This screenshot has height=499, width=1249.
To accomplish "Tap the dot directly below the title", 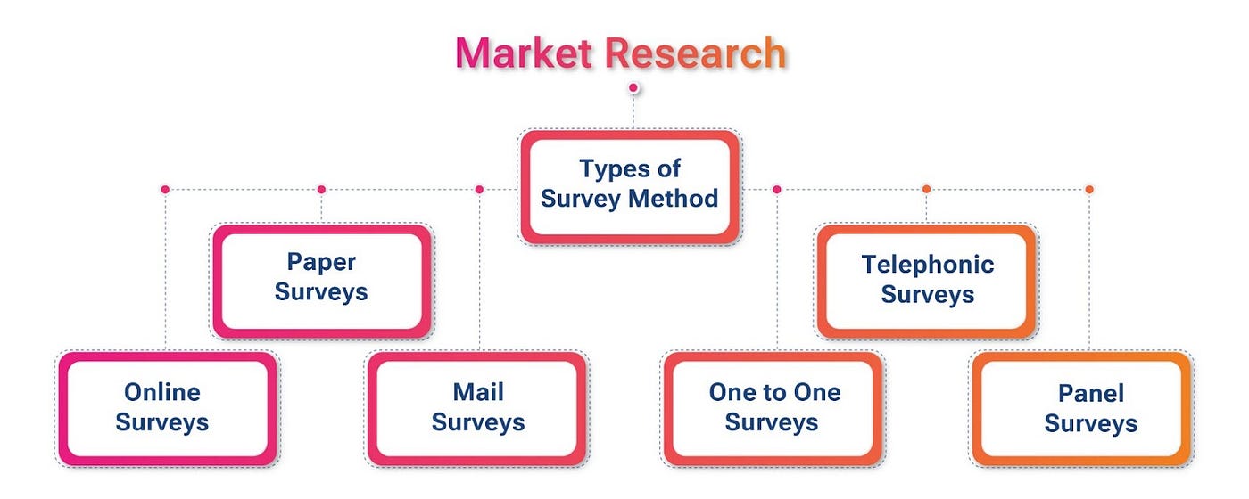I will tap(633, 87).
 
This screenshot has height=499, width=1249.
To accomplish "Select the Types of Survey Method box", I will tap(630, 184).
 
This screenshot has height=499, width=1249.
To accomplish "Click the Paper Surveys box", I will tap(321, 277).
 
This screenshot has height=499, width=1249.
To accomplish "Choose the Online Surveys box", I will tap(162, 407).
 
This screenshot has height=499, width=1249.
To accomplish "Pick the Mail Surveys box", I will tap(478, 407).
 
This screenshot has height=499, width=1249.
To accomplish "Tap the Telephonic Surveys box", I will tap(928, 279).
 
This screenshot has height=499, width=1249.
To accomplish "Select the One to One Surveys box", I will tap(774, 407).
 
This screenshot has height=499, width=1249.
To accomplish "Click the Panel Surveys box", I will tap(1090, 408).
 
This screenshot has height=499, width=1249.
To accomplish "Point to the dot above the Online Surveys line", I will tap(165, 190).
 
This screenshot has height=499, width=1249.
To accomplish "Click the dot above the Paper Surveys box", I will tap(321, 190).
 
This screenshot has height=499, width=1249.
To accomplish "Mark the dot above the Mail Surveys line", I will tap(479, 190).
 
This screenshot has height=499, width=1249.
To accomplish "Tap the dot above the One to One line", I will tap(777, 190).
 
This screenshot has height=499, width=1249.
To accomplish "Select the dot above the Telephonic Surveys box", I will tap(926, 190).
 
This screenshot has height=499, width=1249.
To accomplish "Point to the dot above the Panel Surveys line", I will tap(1089, 190).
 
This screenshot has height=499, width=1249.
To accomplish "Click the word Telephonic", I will tap(928, 265).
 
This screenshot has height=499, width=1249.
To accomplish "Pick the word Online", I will tap(162, 392).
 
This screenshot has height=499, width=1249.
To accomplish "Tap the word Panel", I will tap(1090, 393).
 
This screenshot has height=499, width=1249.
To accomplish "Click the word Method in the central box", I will tap(674, 198).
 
